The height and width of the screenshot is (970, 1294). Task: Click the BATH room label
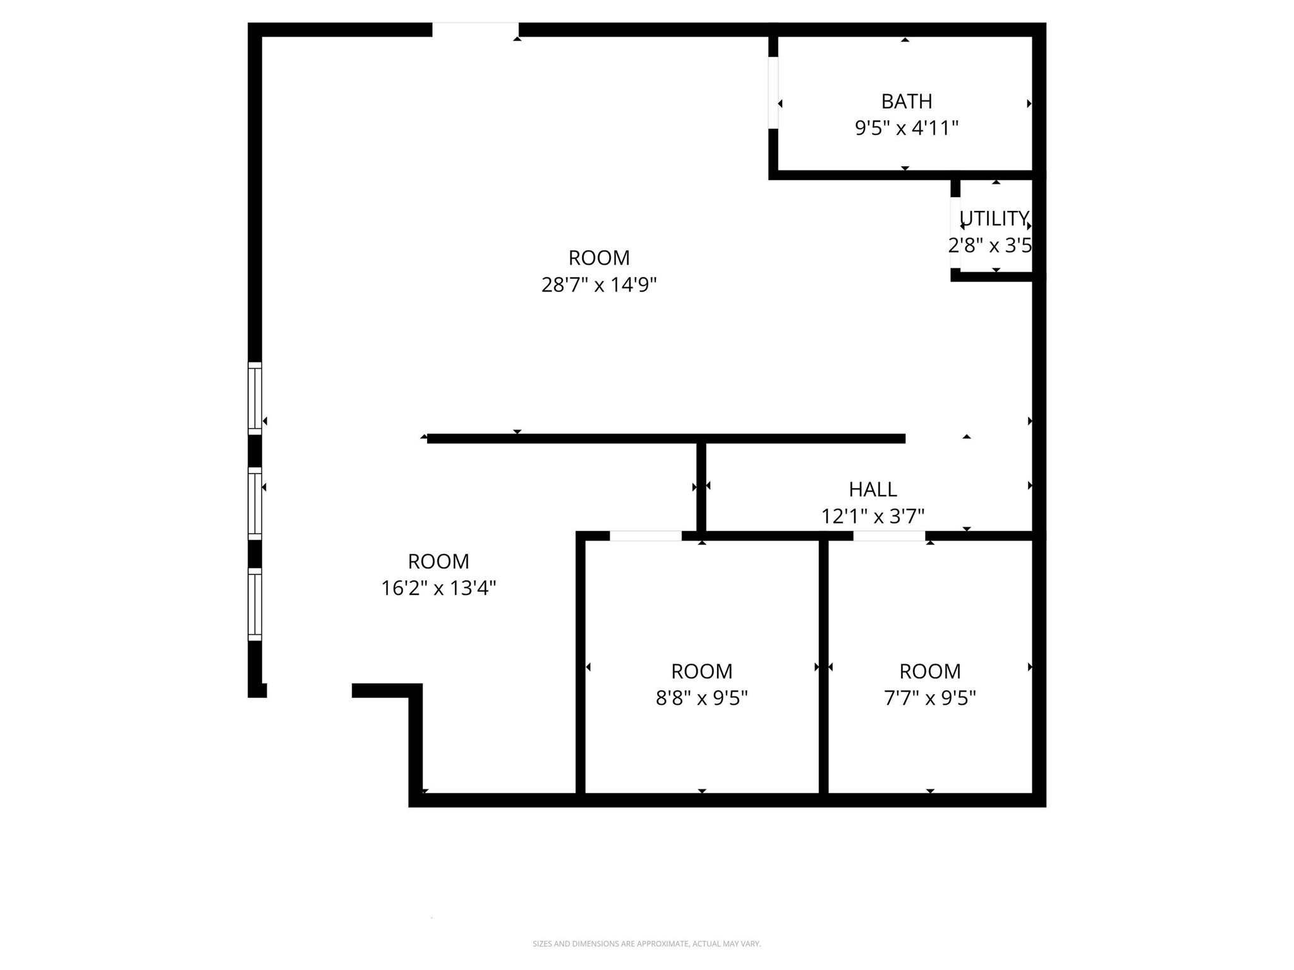tap(906, 101)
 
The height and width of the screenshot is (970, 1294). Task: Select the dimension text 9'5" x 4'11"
tap(906, 128)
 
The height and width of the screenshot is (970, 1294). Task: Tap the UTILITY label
tap(994, 219)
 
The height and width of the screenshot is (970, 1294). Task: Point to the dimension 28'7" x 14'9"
tap(598, 285)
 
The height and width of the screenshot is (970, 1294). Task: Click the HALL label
tap(872, 489)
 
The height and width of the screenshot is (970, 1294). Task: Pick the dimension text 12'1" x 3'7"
tap(872, 517)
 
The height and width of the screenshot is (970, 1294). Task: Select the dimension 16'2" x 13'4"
tap(438, 588)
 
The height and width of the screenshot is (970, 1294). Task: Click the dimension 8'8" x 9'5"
tap(701, 698)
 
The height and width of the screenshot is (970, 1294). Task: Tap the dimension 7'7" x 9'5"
tap(929, 698)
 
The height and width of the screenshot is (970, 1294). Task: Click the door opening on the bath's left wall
tap(773, 93)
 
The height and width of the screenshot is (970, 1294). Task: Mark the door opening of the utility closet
tap(955, 232)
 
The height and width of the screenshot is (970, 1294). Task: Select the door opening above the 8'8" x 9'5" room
tap(645, 536)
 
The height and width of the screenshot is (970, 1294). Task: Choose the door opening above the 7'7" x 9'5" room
tap(889, 536)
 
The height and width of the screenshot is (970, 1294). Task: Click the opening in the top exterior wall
tap(475, 30)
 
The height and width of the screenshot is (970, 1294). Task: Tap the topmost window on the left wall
tap(255, 398)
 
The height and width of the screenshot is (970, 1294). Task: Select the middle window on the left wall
tap(255, 504)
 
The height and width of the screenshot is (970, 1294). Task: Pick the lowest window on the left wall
tap(255, 604)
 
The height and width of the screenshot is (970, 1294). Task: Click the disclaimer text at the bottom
tap(646, 943)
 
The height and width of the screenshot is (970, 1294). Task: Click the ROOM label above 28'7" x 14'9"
tap(598, 258)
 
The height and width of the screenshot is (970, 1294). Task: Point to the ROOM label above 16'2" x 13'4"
tap(438, 561)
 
